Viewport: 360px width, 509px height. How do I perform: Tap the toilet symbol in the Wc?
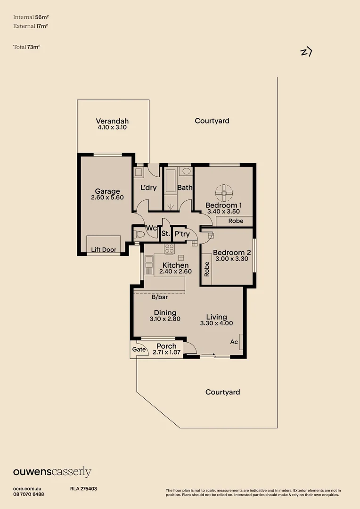click(139, 234)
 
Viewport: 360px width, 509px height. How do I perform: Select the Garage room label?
click(107, 191)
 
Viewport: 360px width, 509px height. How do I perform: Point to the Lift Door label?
click(104, 250)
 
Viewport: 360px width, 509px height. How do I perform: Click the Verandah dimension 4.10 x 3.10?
click(112, 127)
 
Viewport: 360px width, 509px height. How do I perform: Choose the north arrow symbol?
click(306, 52)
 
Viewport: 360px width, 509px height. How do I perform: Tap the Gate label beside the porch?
click(139, 349)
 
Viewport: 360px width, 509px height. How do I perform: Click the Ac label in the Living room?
click(234, 342)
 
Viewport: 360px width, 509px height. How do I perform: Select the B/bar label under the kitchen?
click(160, 297)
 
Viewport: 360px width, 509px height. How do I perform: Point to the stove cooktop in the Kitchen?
click(169, 248)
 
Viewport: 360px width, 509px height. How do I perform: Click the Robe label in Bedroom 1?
click(236, 221)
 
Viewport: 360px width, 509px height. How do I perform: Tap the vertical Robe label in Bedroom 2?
click(207, 269)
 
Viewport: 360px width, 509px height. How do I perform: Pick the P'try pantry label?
click(182, 233)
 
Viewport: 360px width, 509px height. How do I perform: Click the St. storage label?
click(165, 233)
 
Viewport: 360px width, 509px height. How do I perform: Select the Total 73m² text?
click(26, 47)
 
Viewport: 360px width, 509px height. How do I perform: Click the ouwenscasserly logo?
click(52, 472)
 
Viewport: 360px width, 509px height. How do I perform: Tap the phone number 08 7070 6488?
click(28, 494)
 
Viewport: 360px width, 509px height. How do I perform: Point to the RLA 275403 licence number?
click(83, 489)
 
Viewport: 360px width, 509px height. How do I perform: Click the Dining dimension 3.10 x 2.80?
click(165, 319)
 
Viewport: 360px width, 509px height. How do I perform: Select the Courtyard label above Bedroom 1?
click(212, 121)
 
